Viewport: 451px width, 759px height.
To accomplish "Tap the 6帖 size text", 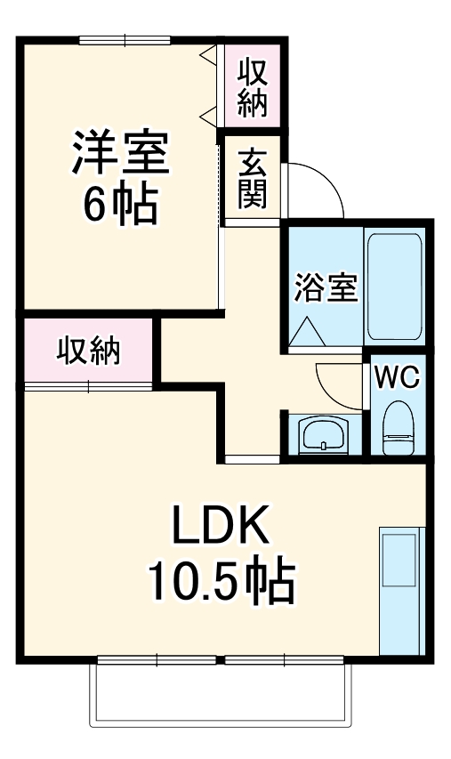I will tap(120, 205).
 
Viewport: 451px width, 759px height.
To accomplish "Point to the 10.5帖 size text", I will tap(220, 582).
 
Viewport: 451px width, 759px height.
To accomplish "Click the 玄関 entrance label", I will tap(252, 176).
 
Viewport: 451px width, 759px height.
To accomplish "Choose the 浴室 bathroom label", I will tap(325, 287).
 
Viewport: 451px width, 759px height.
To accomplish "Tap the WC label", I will tap(396, 377).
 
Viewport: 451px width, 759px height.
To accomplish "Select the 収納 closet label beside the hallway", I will tap(89, 352).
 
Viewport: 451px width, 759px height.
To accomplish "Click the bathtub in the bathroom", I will tap(394, 287).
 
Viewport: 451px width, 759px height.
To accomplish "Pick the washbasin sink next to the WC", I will tap(322, 434).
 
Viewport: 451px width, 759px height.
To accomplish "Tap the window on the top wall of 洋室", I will tap(124, 39).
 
